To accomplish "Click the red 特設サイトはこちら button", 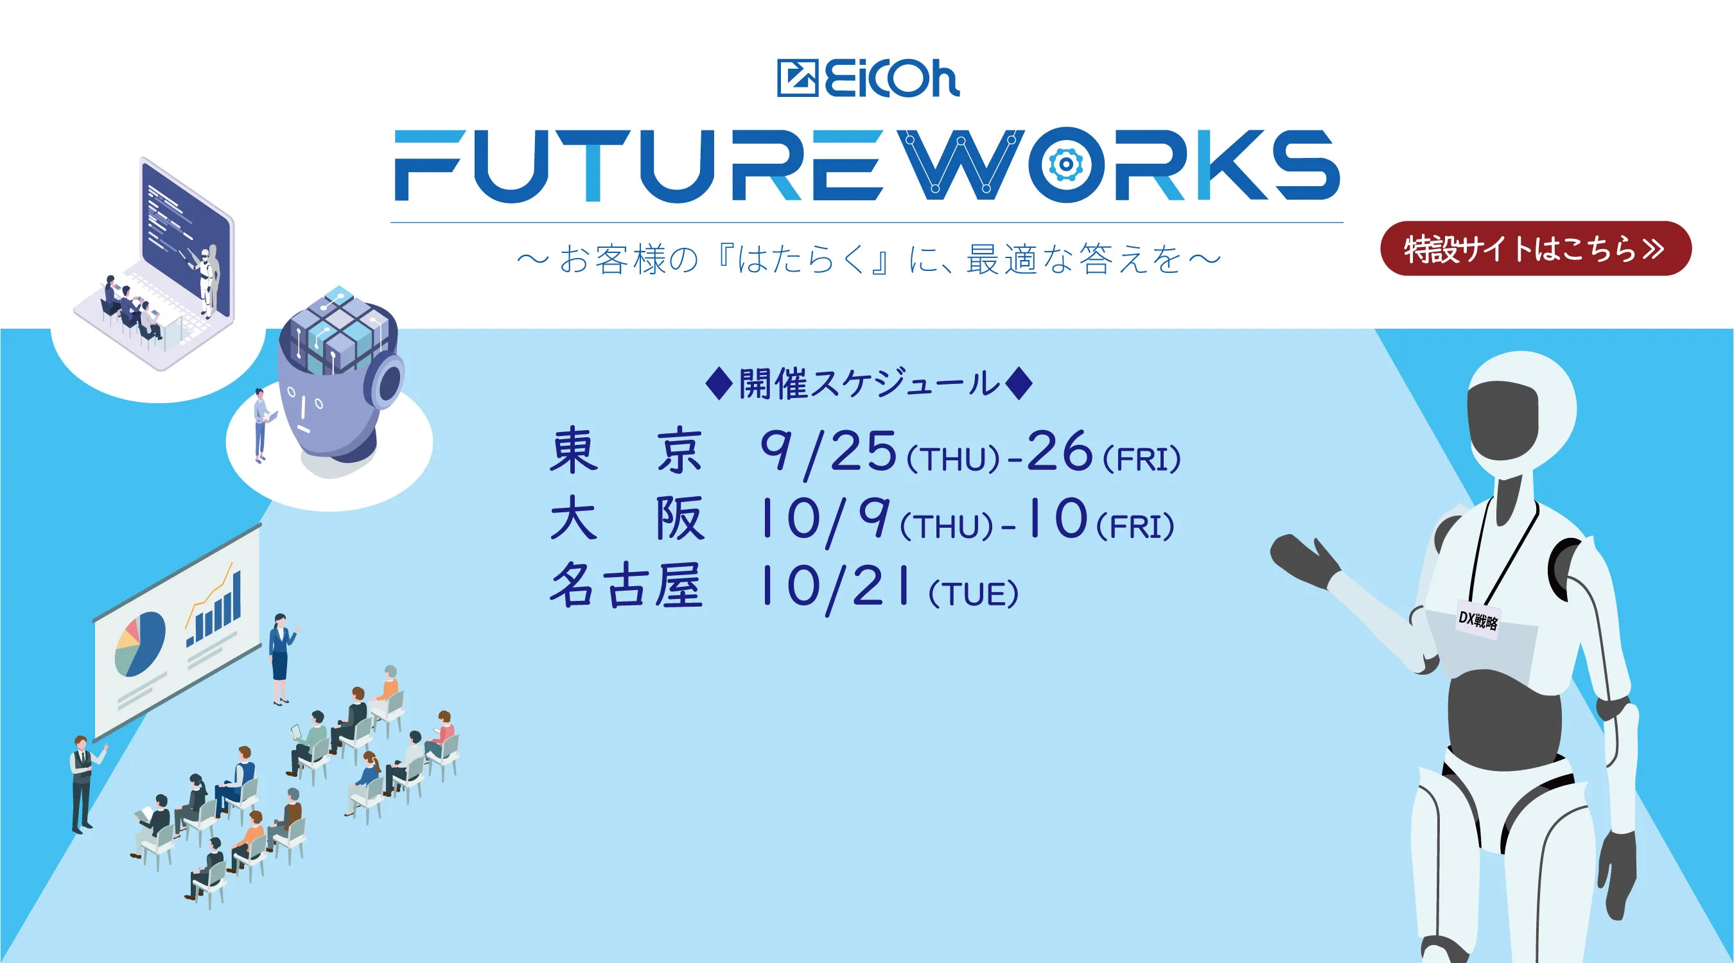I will click(x=1535, y=248).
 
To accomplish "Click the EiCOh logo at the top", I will click(x=868, y=79).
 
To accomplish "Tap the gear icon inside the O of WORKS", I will click(x=1065, y=164).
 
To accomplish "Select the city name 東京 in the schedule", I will click(x=626, y=450).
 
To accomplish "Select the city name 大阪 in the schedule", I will click(x=626, y=518).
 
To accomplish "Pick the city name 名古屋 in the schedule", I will click(x=626, y=586).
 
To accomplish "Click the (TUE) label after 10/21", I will click(x=973, y=594).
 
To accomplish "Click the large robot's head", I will click(x=1520, y=417).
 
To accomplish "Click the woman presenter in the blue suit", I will click(x=280, y=656).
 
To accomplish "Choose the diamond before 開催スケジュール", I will click(x=718, y=383).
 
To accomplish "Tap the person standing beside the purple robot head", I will click(x=261, y=424).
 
